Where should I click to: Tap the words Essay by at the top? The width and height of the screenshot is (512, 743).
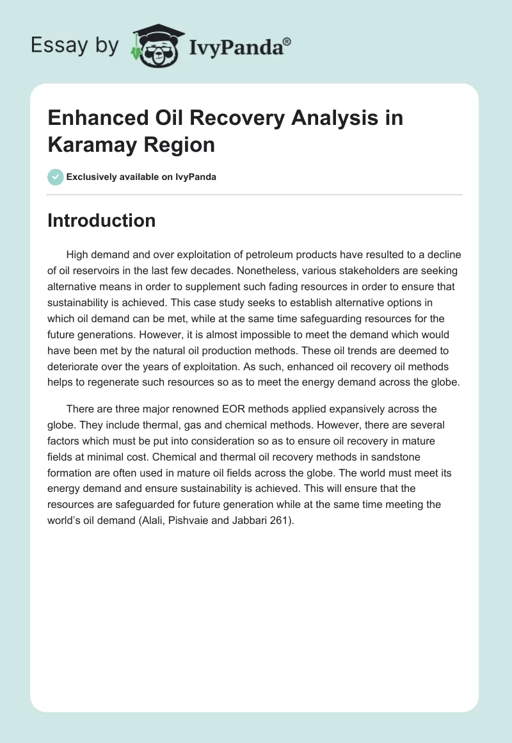74,45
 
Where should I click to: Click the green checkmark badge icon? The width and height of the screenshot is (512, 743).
56,177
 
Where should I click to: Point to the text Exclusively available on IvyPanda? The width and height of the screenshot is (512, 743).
141,177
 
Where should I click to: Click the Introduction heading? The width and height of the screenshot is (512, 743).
102,220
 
